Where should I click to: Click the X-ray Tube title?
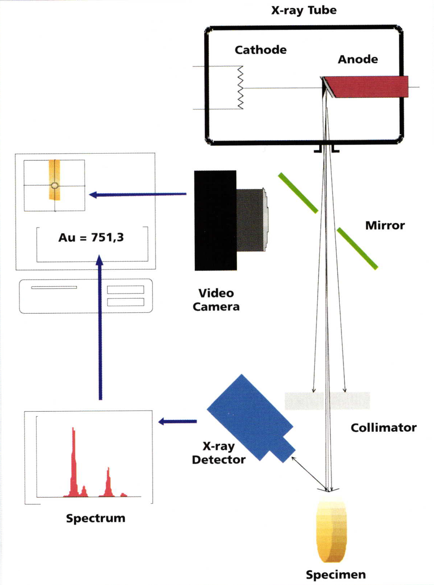[x=304, y=10]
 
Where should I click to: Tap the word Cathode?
[x=261, y=50]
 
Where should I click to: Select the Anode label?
[x=358, y=59]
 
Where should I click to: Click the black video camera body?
[x=215, y=220]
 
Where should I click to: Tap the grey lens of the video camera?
[x=251, y=219]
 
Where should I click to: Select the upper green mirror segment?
[x=298, y=193]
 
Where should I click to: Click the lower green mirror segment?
[x=357, y=248]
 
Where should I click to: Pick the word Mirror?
[x=385, y=225]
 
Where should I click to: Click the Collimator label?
[x=383, y=428]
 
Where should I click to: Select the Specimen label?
[x=336, y=575]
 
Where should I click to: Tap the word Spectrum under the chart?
[x=95, y=518]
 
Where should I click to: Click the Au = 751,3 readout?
[x=91, y=238]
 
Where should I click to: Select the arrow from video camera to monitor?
[x=137, y=195]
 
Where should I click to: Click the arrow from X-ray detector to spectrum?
[x=177, y=421]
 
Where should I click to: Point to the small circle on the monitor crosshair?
[x=55, y=186]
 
